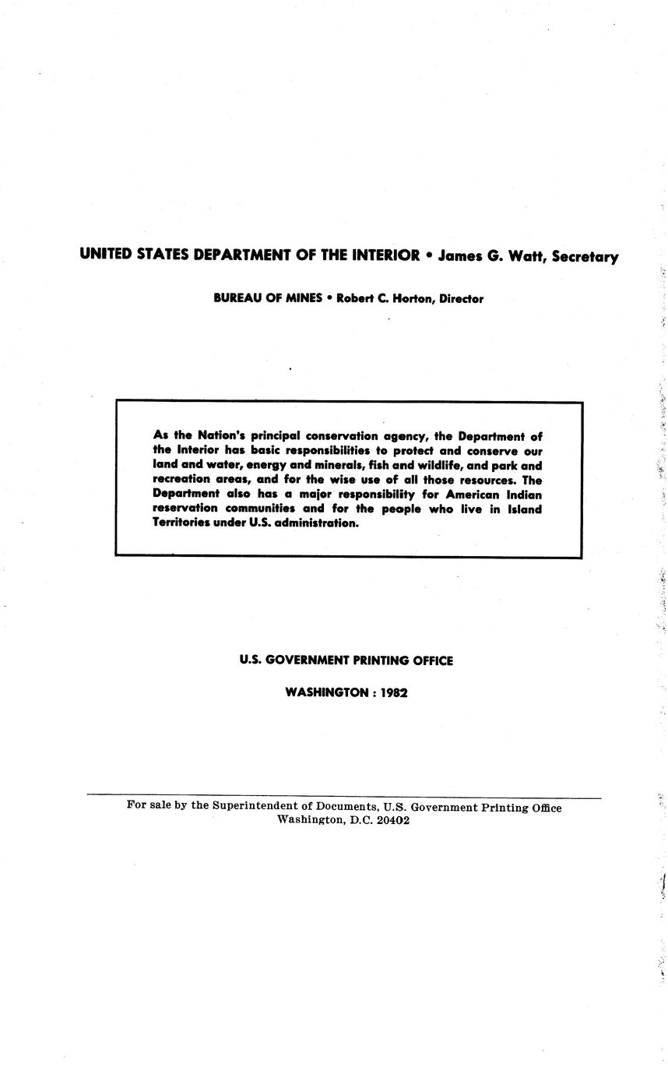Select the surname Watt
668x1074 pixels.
tap(529, 256)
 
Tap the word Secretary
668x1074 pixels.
tap(585, 257)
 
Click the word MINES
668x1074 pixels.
tap(301, 298)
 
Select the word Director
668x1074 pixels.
tap(461, 298)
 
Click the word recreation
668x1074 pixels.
tap(181, 480)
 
